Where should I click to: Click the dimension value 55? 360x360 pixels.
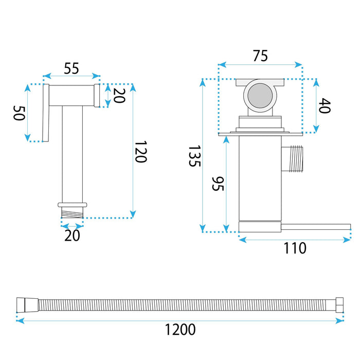point(71,68)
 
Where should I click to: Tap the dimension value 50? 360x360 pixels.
point(19,113)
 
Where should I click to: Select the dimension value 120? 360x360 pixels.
point(140,152)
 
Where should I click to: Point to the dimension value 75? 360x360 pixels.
point(260,56)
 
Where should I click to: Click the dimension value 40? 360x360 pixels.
point(325,105)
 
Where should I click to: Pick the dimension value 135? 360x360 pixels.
point(195,156)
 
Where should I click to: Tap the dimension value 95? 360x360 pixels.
point(218,184)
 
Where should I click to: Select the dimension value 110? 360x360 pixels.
point(295,248)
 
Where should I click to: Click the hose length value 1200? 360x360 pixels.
point(180,330)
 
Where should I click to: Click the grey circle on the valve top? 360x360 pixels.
point(260,96)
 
